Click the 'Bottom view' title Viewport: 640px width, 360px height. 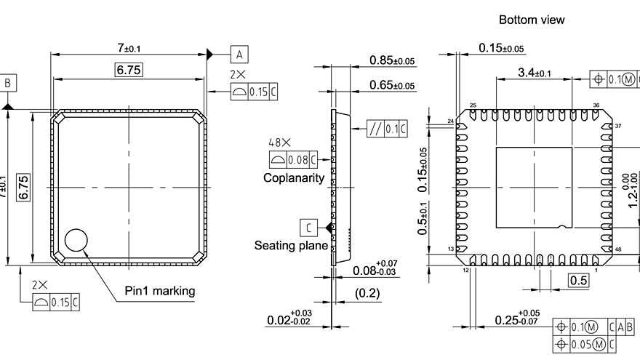click(532, 20)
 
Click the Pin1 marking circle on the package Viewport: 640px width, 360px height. click(76, 240)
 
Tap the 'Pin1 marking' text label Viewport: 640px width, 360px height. click(160, 291)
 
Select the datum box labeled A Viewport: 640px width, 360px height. click(240, 53)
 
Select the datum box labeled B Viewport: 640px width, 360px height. click(8, 84)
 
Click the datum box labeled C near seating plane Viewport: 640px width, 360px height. click(308, 227)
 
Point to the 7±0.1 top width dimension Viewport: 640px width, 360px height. click(129, 48)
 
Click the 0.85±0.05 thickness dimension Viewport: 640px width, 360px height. click(392, 60)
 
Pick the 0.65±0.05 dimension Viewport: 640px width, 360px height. click(392, 85)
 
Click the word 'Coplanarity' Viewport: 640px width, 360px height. click(294, 177)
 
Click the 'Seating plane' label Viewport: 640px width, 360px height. click(290, 246)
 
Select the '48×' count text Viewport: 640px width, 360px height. click(279, 143)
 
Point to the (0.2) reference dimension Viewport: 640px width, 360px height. click(367, 293)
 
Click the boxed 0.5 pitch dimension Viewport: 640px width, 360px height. click(579, 281)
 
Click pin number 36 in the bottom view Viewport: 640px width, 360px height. click(596, 105)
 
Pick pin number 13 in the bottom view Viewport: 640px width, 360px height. click(450, 249)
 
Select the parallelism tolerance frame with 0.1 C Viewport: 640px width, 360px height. click(388, 129)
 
